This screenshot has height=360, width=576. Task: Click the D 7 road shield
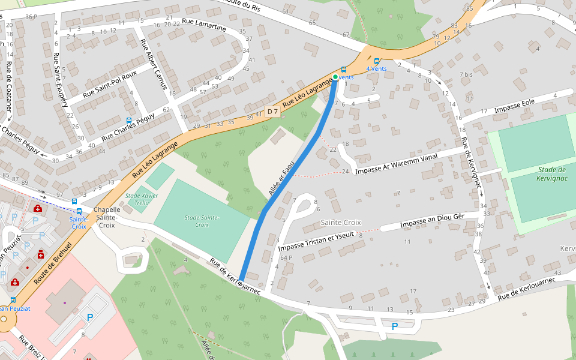point(272,112)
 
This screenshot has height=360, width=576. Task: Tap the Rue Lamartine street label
point(204,26)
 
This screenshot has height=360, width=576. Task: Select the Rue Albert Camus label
point(154,64)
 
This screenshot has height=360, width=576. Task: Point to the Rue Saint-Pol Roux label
point(110,83)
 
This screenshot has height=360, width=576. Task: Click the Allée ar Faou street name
point(281,178)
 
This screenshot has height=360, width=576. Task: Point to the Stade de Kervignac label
point(544,174)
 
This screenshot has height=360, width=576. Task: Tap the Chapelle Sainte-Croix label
point(107,217)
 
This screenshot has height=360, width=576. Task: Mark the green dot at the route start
point(335,77)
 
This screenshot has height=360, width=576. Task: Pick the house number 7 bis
point(467,74)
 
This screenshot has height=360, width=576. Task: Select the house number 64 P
point(286,257)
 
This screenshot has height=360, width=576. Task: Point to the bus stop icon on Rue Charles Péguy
point(130,121)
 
